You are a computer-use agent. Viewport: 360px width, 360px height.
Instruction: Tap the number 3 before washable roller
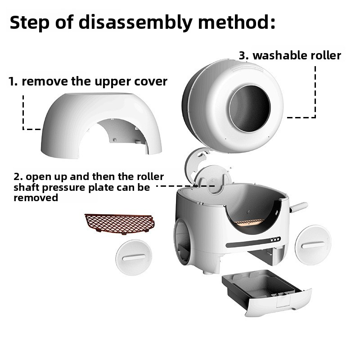click(x=243, y=56)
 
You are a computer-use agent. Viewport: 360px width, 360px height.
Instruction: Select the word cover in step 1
click(x=151, y=81)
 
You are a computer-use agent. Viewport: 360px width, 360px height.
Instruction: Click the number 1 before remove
click(x=13, y=81)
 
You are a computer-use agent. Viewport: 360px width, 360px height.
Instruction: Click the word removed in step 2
click(x=36, y=198)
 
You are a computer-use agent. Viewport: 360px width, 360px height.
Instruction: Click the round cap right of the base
click(x=313, y=244)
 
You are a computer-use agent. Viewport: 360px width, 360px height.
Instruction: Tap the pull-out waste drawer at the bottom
click(x=265, y=292)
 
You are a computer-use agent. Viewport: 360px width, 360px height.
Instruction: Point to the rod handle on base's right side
click(x=299, y=207)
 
